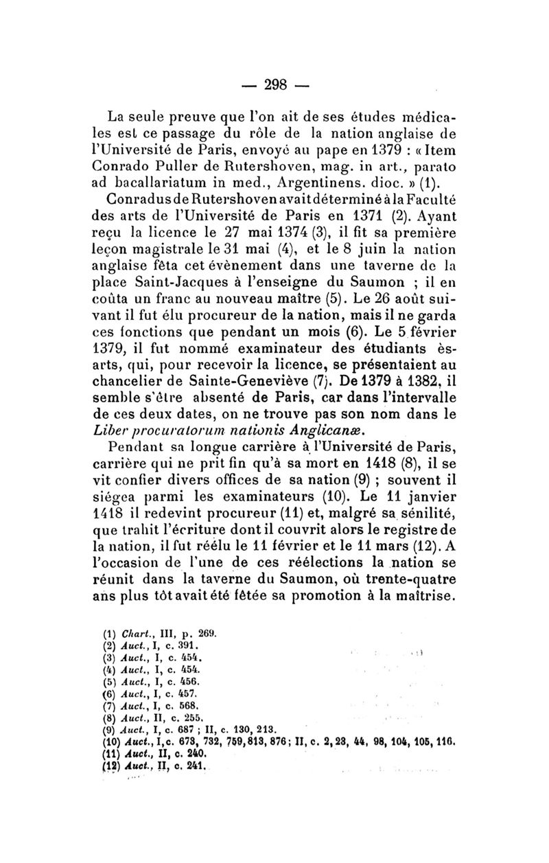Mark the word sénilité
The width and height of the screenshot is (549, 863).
click(421, 533)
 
